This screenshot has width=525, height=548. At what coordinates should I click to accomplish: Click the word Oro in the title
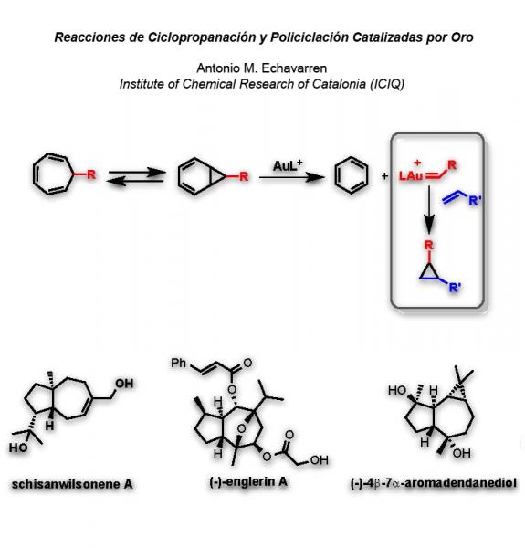coord(462,37)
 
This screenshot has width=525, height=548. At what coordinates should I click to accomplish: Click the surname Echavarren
coord(294,68)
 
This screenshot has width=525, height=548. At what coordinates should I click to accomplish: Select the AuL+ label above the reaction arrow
coord(288,165)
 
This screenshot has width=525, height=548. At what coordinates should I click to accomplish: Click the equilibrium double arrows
coord(135,176)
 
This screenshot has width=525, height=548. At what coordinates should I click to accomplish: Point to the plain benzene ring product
coord(351,175)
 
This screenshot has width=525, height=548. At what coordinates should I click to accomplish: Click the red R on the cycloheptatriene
coord(91,174)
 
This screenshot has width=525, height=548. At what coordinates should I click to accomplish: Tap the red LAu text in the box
coord(412,175)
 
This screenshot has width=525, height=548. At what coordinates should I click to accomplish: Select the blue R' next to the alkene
coord(475,201)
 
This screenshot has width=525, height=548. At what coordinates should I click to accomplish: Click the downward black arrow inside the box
coord(429,210)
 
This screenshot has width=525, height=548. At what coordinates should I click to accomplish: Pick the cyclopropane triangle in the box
coord(429,272)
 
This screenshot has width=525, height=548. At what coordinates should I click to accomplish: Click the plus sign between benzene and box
coord(384,175)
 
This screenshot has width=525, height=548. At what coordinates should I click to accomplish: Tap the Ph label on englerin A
coord(178,364)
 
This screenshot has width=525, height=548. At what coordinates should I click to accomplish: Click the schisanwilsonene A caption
coord(72,484)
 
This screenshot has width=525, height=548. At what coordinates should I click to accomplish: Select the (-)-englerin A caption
coord(248,482)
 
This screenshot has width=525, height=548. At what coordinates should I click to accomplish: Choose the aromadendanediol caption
coord(433,484)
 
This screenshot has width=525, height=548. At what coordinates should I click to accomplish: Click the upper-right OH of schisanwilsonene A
coord(124,384)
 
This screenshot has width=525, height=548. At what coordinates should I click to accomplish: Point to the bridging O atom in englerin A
coord(241,428)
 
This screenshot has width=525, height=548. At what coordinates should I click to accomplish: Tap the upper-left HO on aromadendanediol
coord(397,390)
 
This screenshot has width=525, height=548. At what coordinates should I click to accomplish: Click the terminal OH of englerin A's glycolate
coord(319,460)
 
